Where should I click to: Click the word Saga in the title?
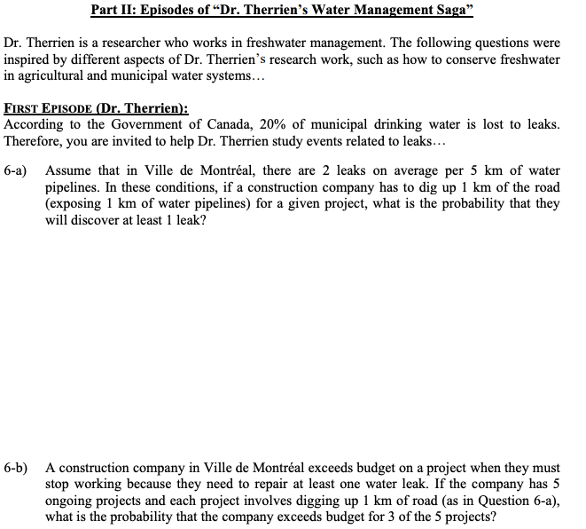[x=456, y=12]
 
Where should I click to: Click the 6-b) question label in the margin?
[x=17, y=468]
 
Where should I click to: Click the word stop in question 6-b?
[x=59, y=484]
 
